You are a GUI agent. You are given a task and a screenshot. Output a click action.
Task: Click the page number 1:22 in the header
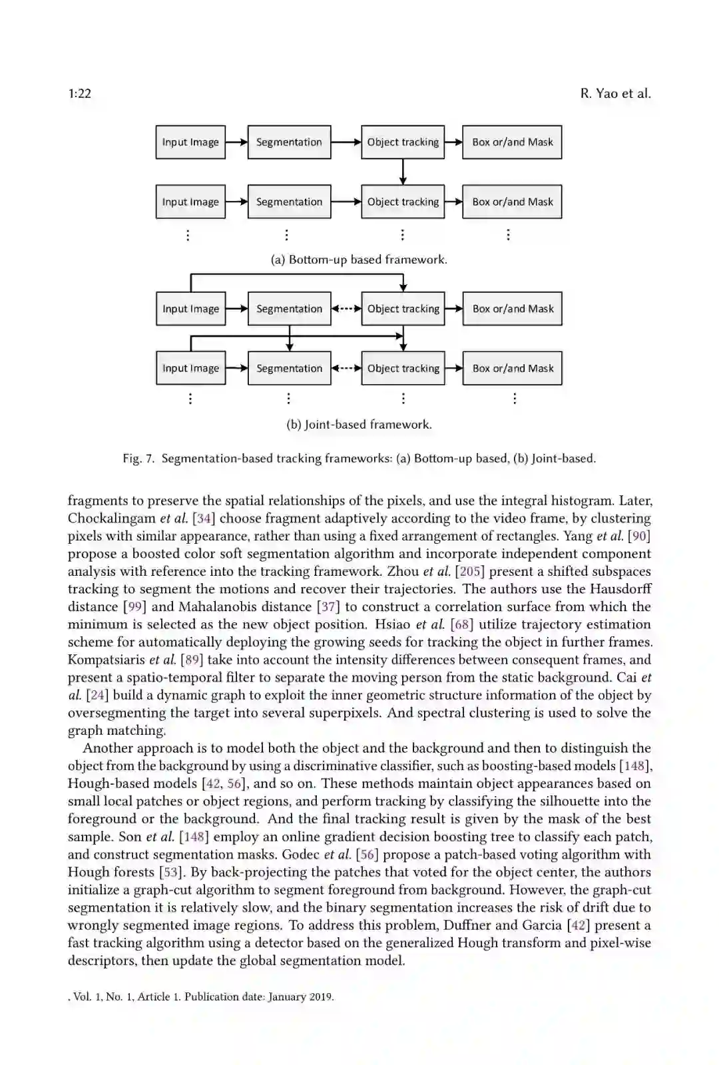(x=79, y=93)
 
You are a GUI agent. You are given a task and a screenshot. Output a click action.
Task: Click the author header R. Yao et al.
(x=615, y=93)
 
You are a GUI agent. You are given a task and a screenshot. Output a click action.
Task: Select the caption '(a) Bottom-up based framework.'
(x=359, y=260)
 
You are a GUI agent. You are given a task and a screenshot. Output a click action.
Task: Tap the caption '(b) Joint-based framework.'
(x=359, y=424)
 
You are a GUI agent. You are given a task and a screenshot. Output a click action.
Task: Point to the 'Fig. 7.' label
(x=138, y=458)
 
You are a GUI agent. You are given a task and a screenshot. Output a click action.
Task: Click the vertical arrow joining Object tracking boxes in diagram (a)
(x=403, y=172)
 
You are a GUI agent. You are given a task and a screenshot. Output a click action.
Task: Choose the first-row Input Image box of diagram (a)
(x=190, y=142)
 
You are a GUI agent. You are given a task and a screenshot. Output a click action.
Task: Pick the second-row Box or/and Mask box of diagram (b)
(x=513, y=368)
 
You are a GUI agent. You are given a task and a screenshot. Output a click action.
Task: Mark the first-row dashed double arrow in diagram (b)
(x=346, y=309)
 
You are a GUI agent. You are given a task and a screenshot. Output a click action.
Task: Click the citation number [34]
(x=204, y=518)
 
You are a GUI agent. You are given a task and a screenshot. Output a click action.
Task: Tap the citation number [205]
(x=469, y=571)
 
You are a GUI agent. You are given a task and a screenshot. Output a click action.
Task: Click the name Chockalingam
(x=111, y=518)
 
